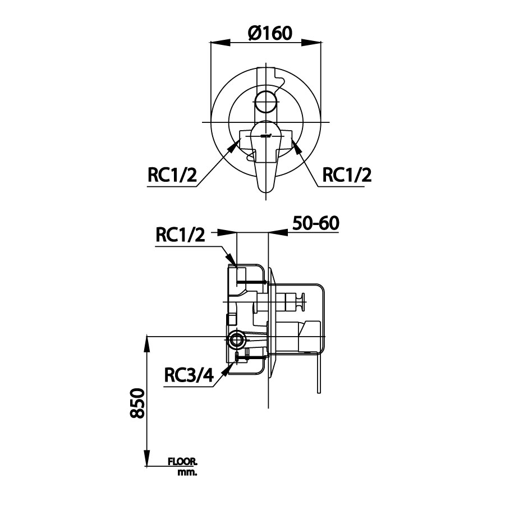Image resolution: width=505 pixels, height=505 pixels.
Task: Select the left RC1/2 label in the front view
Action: (172, 176)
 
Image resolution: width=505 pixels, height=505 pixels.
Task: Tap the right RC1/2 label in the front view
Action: (347, 176)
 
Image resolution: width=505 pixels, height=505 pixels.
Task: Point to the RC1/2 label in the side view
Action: (180, 236)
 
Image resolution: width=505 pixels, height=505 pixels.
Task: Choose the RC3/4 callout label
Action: (189, 374)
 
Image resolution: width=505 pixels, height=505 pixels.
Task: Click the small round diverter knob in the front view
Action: (266, 103)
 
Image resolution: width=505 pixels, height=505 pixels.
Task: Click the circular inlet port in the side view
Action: (236, 339)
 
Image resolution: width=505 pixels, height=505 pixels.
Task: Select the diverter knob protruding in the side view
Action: (303, 301)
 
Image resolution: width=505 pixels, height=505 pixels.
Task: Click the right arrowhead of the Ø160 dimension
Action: (319, 43)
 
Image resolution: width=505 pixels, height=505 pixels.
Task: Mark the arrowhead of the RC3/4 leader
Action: (227, 368)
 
